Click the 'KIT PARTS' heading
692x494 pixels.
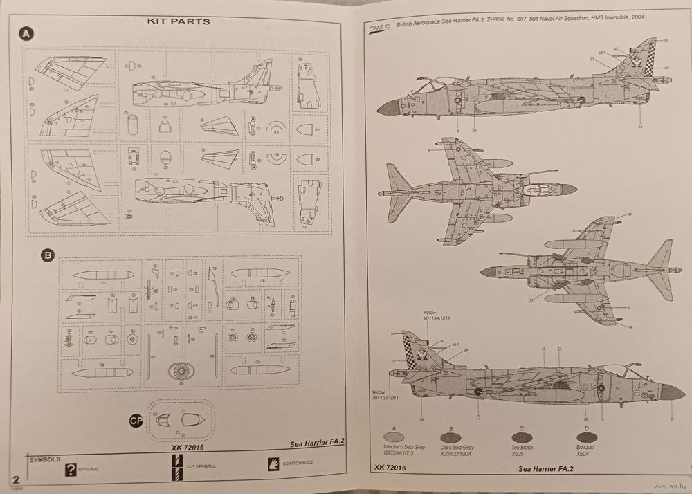(179, 21)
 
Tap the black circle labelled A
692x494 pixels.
(26, 34)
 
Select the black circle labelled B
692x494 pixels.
(48, 255)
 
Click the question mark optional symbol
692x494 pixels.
(70, 469)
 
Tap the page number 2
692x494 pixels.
(15, 479)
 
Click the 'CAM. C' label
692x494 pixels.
(379, 27)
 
